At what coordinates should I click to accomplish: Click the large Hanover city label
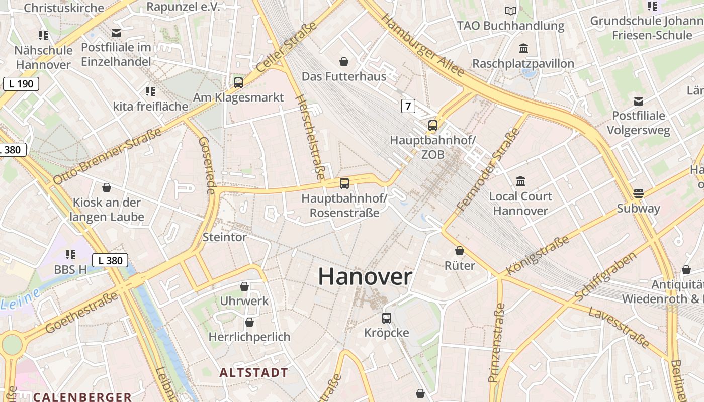pyautogui.click(x=365, y=277)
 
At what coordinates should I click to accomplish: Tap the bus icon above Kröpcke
pyautogui.click(x=386, y=318)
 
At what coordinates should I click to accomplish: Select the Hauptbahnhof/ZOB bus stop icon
pyautogui.click(x=433, y=126)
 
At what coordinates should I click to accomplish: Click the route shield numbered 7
pyautogui.click(x=408, y=106)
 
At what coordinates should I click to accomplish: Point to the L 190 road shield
pyautogui.click(x=21, y=84)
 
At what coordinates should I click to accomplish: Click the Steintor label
pyautogui.click(x=224, y=237)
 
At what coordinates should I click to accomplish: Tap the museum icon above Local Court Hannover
pyautogui.click(x=520, y=181)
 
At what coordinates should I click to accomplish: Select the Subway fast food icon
pyautogui.click(x=639, y=193)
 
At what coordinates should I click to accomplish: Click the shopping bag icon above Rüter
pyautogui.click(x=460, y=251)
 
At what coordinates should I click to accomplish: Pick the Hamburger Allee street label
pyautogui.click(x=422, y=45)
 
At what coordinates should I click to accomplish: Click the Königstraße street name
pyautogui.click(x=538, y=255)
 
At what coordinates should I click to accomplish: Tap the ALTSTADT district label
pyautogui.click(x=254, y=373)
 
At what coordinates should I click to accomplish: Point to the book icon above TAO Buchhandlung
pyautogui.click(x=511, y=11)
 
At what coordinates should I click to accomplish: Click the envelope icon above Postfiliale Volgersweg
pyautogui.click(x=638, y=101)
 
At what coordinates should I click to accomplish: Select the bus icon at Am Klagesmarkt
pyautogui.click(x=238, y=82)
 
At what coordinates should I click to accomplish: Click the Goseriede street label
pyautogui.click(x=208, y=165)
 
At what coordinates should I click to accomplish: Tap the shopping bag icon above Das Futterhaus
pyautogui.click(x=344, y=62)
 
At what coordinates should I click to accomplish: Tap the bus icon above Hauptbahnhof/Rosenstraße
pyautogui.click(x=344, y=183)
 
